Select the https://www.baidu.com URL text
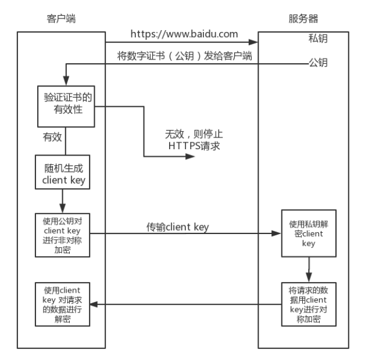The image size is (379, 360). coord(183,34)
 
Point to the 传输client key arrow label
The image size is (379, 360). coord(178,226)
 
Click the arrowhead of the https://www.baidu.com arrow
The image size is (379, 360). coord(253,42)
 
